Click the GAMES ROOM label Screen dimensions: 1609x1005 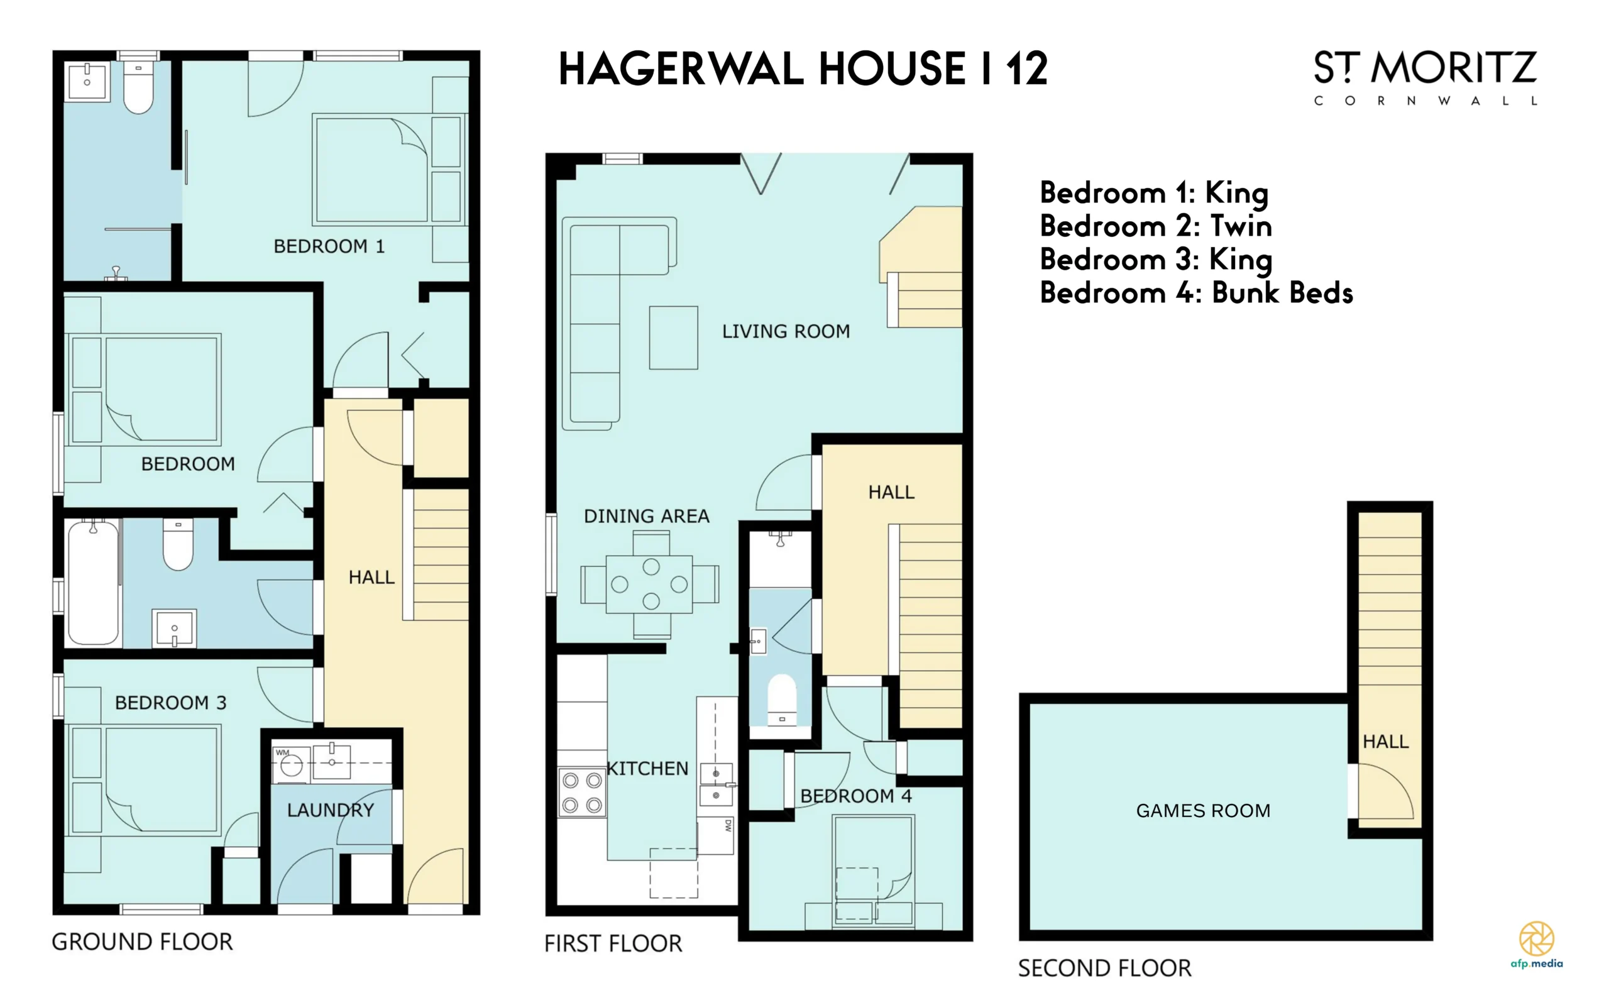tap(1203, 810)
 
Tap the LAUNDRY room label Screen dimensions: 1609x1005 tap(331, 810)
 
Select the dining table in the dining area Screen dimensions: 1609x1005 tap(650, 585)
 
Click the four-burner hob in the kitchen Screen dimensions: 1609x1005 tap(582, 793)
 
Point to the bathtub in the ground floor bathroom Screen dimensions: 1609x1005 tap(93, 582)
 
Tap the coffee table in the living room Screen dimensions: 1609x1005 tap(673, 338)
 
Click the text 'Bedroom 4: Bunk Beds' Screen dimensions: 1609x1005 tap(1196, 292)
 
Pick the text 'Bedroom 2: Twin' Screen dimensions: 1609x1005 tap(1156, 226)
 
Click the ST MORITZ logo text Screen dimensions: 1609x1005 tap(1425, 68)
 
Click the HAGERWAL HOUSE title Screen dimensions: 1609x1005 tap(803, 69)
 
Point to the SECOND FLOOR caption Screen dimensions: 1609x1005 tap(1104, 968)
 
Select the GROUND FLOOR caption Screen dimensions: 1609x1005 tap(142, 942)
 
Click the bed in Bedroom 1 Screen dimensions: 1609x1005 tap(390, 170)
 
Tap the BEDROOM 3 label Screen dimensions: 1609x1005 tap(171, 703)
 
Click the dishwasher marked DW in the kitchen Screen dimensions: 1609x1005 tap(715, 835)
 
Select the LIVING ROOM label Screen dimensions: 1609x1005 tap(786, 331)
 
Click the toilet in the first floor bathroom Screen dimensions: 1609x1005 tap(782, 701)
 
